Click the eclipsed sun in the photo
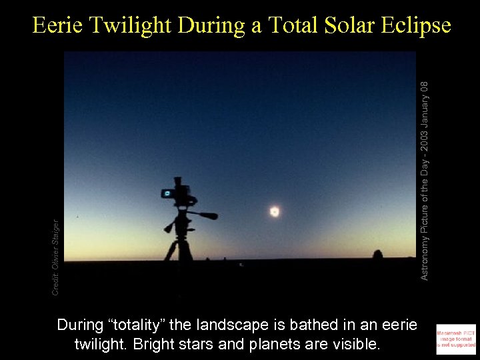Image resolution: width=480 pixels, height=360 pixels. pos(274,211)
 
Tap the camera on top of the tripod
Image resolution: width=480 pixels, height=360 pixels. pos(179,193)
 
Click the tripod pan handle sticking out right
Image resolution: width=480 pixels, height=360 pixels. pos(205,215)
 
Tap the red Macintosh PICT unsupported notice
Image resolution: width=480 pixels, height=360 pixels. pos(456,337)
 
